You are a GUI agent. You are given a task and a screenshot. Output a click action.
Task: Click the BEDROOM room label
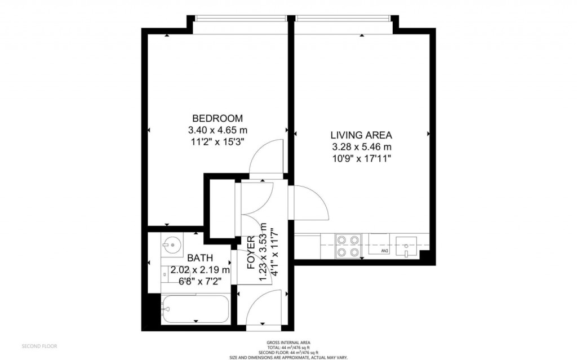tap(218, 118)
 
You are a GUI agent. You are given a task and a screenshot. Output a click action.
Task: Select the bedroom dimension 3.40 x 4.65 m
tap(218, 130)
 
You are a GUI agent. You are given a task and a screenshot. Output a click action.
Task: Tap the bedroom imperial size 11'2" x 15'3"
tap(218, 141)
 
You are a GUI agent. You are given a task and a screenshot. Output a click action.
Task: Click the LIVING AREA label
tap(361, 135)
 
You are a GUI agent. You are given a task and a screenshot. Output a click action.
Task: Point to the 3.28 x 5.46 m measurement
tap(361, 147)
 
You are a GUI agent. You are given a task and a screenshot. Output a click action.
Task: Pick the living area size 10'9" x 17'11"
tap(361, 158)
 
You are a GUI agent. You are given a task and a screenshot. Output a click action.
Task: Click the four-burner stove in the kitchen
tap(348, 246)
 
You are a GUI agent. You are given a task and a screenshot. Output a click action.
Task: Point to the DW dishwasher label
tap(385, 250)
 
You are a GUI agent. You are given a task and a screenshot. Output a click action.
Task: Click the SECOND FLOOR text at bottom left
tap(39, 345)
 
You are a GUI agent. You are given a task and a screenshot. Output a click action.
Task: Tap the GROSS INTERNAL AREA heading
tap(288, 343)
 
